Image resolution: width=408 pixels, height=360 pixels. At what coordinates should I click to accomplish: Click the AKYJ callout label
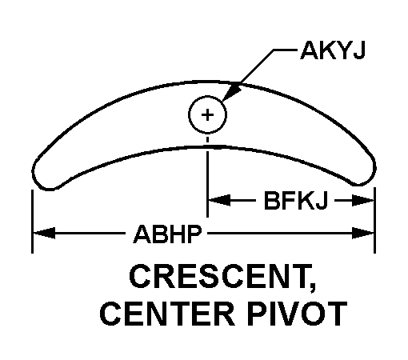click(x=333, y=50)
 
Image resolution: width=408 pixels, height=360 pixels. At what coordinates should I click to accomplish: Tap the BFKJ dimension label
click(x=295, y=201)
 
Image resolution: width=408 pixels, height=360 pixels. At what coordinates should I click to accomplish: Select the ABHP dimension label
click(x=167, y=234)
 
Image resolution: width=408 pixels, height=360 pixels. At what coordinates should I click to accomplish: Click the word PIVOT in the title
click(x=297, y=314)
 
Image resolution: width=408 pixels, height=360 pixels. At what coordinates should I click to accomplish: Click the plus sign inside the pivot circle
click(x=207, y=115)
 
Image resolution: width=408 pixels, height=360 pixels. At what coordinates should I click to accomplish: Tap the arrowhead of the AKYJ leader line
click(x=230, y=93)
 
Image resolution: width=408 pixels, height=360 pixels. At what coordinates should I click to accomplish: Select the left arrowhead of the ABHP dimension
click(x=44, y=233)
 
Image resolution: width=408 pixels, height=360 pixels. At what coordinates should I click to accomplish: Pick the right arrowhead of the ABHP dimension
click(x=362, y=233)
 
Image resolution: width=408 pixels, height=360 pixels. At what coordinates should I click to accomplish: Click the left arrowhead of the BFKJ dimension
click(x=219, y=200)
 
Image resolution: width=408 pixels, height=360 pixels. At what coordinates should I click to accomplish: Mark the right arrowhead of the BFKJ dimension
click(x=362, y=201)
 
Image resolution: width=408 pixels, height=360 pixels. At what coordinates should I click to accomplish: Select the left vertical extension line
click(x=32, y=222)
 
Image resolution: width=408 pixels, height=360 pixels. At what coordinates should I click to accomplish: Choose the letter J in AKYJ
click(x=358, y=50)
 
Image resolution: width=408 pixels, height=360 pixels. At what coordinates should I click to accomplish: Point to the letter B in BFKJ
click(x=271, y=201)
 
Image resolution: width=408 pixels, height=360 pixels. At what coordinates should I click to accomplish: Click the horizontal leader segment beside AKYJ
click(x=285, y=50)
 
